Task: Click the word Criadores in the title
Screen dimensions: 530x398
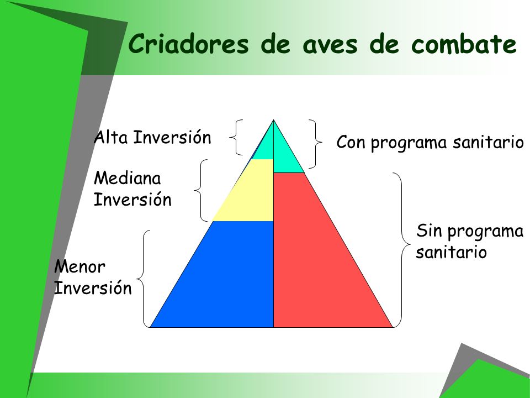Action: [x=189, y=44]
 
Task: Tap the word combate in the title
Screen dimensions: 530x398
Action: [x=464, y=44]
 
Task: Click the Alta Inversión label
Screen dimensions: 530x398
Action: [x=152, y=137]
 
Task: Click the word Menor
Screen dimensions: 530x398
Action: [x=79, y=266]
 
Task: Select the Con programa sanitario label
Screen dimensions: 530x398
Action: [x=430, y=142]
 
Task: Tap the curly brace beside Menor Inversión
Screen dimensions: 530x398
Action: [x=144, y=279]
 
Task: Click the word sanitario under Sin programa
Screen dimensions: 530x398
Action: [x=451, y=252]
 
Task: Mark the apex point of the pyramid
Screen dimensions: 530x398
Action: [x=273, y=120]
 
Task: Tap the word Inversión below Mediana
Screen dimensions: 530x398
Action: [x=132, y=200]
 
